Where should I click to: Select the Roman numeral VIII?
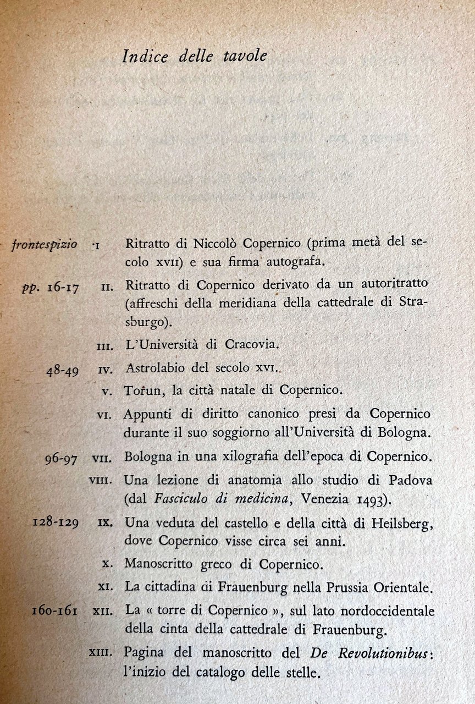[101, 480]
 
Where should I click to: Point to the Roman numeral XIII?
[101, 653]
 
